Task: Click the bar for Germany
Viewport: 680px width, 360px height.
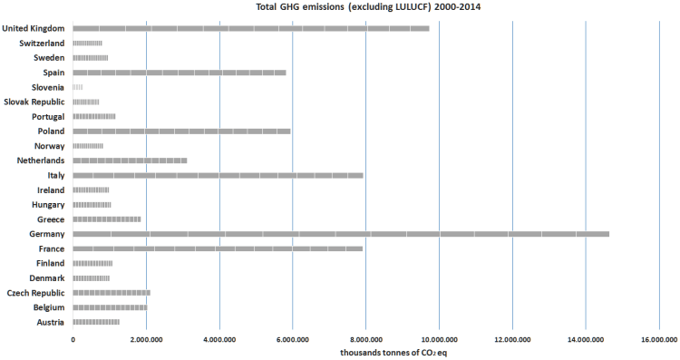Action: [341, 234]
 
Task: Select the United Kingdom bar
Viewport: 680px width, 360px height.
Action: [251, 28]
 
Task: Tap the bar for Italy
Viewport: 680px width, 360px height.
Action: [218, 175]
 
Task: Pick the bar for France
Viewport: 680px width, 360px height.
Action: [218, 248]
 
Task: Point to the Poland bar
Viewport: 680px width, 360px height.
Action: [181, 131]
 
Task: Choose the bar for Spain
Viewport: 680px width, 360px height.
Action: [180, 73]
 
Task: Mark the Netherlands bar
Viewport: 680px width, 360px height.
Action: [130, 161]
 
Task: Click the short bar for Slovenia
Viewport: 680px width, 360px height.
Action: [78, 87]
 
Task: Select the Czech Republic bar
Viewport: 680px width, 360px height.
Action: [112, 293]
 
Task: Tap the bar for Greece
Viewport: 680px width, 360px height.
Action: [107, 219]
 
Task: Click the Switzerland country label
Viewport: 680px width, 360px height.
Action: [42, 44]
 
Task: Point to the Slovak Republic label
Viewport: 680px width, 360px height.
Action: [34, 102]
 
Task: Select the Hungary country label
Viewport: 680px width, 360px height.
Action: [46, 205]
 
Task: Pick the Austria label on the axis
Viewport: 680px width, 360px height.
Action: [49, 322]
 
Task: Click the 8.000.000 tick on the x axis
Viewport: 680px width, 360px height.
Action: [365, 340]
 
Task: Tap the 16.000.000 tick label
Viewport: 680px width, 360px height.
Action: [658, 340]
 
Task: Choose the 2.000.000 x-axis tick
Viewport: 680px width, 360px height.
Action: [146, 340]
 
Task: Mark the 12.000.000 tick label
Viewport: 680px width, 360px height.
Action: [512, 340]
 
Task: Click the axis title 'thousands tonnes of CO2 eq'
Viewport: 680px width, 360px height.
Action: [394, 352]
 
